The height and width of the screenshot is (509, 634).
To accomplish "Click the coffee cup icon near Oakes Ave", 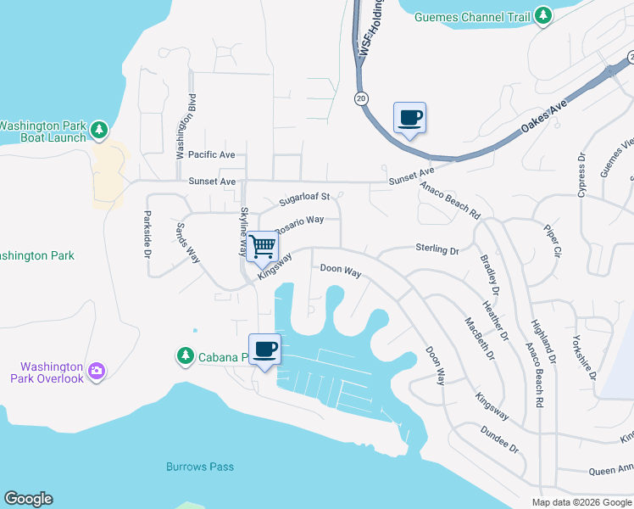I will pos(409,118).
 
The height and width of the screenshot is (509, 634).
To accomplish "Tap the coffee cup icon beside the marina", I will pos(264,350).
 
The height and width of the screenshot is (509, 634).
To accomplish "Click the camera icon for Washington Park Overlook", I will pos(97,370).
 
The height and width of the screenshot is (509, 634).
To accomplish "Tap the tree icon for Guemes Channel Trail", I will pos(542,15).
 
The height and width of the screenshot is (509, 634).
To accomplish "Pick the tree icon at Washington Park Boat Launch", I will pos(100,130).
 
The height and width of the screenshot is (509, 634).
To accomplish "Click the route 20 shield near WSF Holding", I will pos(360,98).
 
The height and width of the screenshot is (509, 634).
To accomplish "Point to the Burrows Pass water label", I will pos(200,467).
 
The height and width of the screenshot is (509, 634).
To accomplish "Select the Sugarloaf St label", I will pos(304,198).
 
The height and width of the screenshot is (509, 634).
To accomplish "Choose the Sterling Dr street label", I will pos(437,250).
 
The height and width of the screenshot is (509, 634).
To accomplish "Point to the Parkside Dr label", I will pos(147,231).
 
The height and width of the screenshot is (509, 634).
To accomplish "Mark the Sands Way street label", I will pos(186,243).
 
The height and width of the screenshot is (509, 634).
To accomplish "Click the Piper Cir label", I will pos(552,240).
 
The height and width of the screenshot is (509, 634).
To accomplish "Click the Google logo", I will pos(28,499).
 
